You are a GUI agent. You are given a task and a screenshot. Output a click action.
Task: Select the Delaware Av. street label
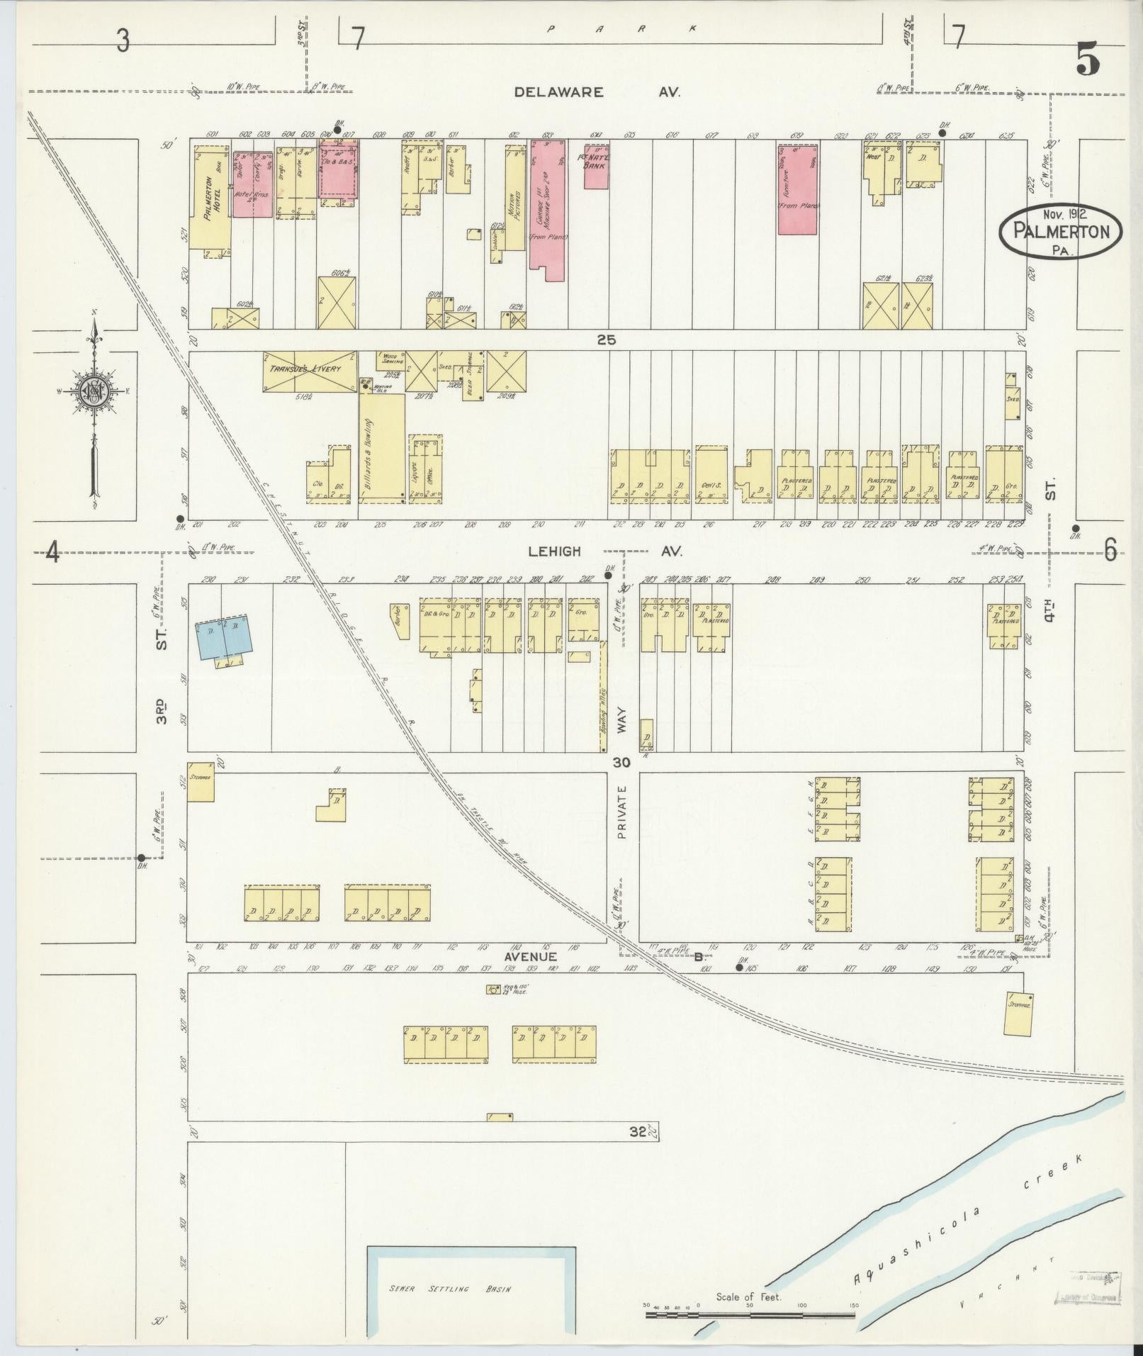597,92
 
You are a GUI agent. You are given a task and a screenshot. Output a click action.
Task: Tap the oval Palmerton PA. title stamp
1060,232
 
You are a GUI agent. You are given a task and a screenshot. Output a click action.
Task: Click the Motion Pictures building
515,198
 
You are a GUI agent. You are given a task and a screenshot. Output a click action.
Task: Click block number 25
607,340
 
